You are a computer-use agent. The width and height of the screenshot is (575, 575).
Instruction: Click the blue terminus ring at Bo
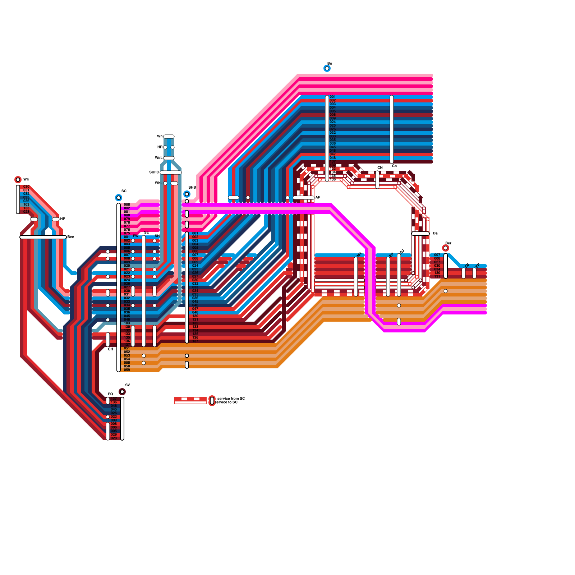click(327, 68)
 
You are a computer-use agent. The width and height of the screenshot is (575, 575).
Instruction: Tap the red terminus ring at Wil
click(18, 180)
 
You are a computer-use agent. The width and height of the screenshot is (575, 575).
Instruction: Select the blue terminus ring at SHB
click(187, 194)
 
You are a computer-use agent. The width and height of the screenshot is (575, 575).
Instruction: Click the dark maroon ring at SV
click(122, 392)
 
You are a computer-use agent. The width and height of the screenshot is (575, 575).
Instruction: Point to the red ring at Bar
click(446, 248)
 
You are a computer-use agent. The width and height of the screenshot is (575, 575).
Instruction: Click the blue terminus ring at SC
click(119, 198)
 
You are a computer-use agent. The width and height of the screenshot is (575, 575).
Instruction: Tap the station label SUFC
click(154, 172)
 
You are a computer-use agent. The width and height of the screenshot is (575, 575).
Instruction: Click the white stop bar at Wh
click(169, 137)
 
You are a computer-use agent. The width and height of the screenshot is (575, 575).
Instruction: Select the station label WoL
click(158, 158)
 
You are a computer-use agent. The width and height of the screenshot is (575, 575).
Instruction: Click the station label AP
click(318, 198)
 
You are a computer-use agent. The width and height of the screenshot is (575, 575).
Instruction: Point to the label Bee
click(71, 237)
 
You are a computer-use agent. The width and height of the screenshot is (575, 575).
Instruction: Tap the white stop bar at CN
click(377, 180)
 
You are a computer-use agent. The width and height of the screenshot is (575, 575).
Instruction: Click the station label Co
click(394, 166)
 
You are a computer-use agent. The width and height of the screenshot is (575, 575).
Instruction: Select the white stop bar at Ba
click(420, 234)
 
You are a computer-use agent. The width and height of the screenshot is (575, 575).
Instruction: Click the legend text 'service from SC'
click(231, 399)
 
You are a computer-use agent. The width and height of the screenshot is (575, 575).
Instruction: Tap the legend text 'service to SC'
click(226, 402)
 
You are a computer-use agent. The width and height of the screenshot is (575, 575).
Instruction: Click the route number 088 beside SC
click(127, 205)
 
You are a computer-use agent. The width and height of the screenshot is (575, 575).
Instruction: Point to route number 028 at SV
click(114, 438)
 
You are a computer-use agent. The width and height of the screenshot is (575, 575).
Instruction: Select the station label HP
click(63, 219)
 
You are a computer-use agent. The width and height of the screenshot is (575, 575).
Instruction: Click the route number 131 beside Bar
click(437, 277)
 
